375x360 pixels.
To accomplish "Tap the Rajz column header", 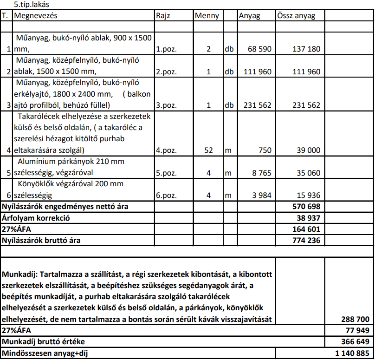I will click(163, 16).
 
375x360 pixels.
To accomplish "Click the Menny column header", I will click(207, 16).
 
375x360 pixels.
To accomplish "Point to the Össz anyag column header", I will click(296, 16).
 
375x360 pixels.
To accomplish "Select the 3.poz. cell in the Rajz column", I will click(166, 105).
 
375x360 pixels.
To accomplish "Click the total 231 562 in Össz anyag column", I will click(306, 105).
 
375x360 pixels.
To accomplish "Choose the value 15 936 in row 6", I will click(308, 196).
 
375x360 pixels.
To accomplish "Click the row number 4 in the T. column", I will click(8, 151).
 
